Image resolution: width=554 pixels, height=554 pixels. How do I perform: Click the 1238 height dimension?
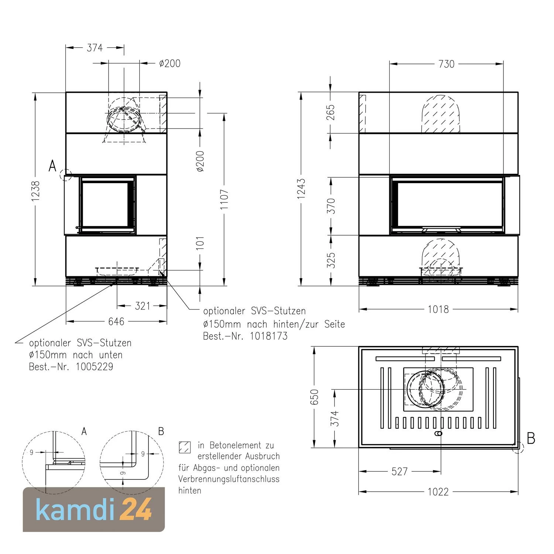coord(36,191)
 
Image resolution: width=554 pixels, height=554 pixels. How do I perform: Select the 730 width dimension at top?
coord(446,64)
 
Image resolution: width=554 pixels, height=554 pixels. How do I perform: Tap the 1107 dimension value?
coord(224,199)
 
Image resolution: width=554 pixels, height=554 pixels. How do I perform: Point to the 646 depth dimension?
coord(116,321)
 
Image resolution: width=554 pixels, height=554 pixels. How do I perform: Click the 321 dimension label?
coord(143,306)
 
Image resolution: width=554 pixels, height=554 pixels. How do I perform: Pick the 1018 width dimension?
coord(438,309)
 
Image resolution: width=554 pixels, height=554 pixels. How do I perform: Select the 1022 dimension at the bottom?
coord(438,492)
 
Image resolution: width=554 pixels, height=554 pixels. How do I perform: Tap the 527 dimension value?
coord(399,471)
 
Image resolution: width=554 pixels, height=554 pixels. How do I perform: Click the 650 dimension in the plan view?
coord(314,397)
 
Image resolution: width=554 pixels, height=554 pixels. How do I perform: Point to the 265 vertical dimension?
coord(331,112)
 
